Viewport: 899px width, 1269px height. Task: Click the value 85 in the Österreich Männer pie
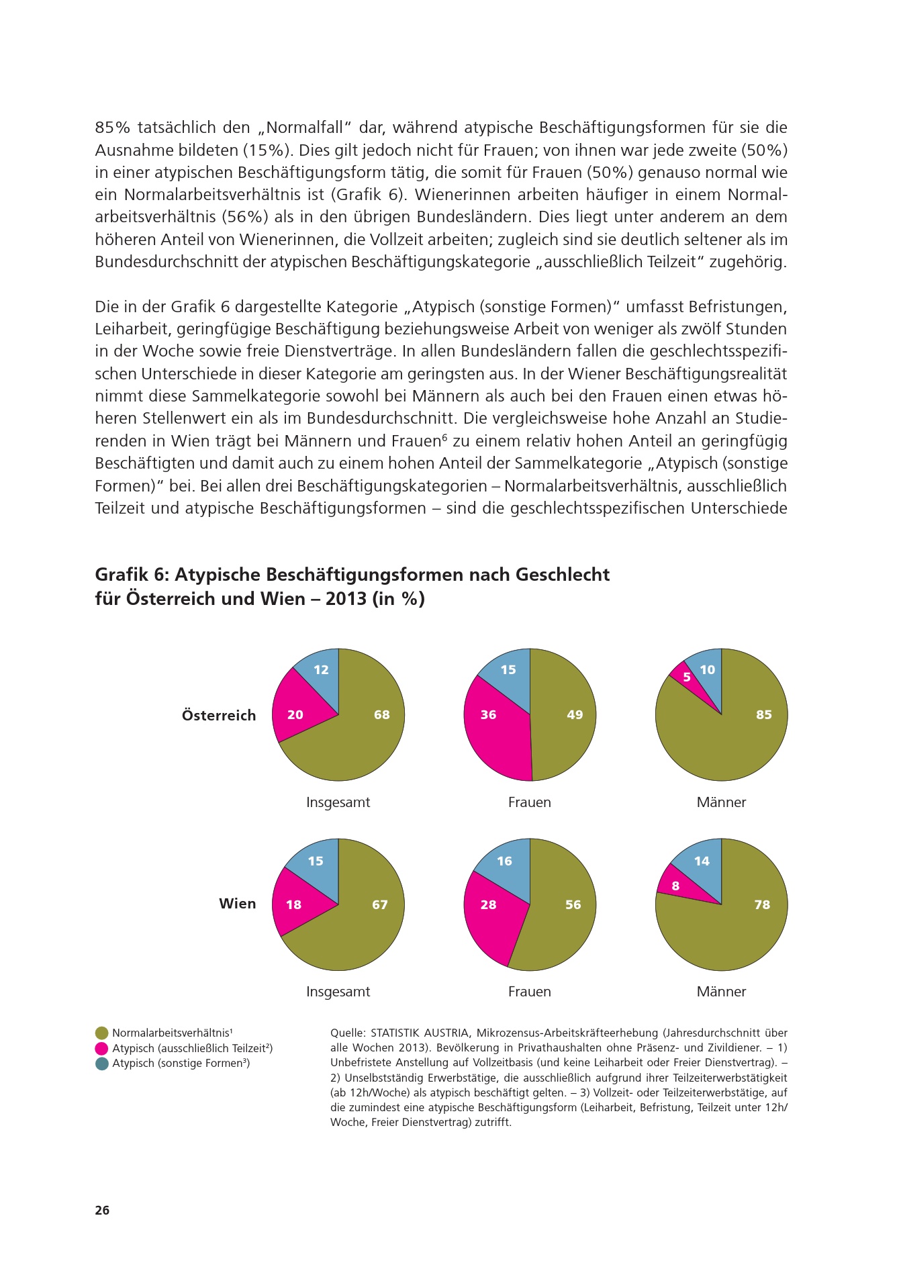[763, 715]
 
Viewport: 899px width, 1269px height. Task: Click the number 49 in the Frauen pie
[575, 715]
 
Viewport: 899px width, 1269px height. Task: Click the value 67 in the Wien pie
[380, 905]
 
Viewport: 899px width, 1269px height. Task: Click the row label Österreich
[219, 716]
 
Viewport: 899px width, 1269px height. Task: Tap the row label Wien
[237, 904]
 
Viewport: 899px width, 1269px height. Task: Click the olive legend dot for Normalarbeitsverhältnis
[102, 1033]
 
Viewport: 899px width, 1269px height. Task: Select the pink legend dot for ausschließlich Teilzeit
[102, 1049]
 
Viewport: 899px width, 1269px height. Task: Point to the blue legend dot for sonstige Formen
[102, 1064]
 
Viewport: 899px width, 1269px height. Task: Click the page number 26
[102, 1211]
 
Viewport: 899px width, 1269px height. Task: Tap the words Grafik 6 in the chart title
[132, 575]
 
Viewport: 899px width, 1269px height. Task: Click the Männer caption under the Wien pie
[721, 992]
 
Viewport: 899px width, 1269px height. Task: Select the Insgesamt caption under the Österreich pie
[338, 802]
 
